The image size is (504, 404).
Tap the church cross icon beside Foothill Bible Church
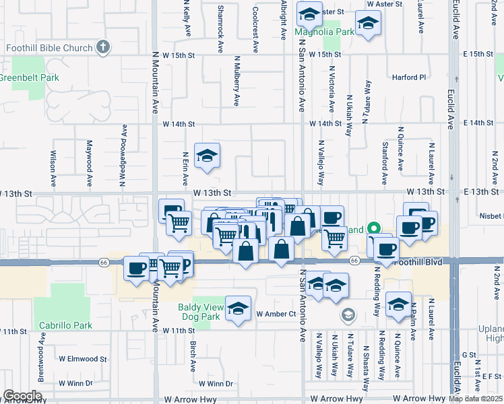tap(102, 48)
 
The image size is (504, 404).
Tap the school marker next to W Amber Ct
tap(237, 308)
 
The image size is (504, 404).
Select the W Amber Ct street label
tap(276, 314)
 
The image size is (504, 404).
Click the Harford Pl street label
tap(408, 77)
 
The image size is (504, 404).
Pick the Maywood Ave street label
tap(88, 164)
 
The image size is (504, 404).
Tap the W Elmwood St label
tap(83, 360)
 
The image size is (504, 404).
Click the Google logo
tap(22, 396)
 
